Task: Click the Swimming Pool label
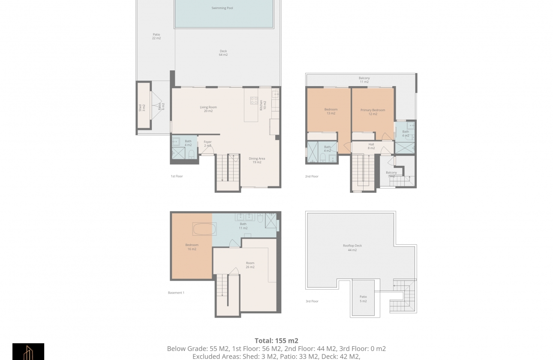222,8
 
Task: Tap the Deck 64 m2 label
223,53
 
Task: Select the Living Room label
208,109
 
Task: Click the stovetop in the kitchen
254,101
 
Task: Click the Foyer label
207,144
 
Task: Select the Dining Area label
257,160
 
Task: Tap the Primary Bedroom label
373,112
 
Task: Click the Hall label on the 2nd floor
371,146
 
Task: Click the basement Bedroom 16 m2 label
192,247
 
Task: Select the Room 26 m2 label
250,265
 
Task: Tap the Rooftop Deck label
352,248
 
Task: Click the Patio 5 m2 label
363,299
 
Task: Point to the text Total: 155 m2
276,341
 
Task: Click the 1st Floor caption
177,176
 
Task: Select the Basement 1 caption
176,293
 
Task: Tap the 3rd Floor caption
312,301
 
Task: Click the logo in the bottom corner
28,352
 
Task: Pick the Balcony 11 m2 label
364,80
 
